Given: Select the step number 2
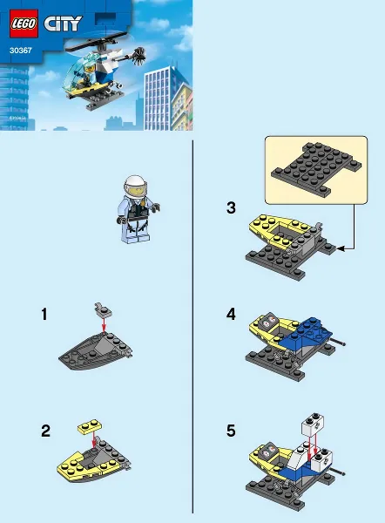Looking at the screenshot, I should click(44, 430).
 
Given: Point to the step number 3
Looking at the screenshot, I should click(231, 207).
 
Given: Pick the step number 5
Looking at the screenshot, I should click(231, 430).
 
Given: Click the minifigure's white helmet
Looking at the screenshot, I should click(136, 185).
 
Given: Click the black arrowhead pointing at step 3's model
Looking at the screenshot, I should click(341, 248).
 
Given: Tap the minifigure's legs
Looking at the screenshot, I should click(135, 232).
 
